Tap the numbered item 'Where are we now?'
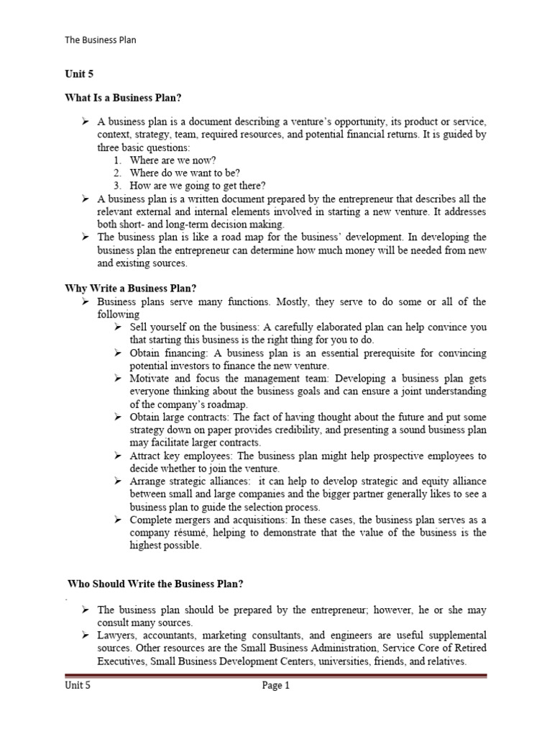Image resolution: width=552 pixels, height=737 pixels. [172, 160]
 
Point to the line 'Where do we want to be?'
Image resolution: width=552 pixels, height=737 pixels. [185, 173]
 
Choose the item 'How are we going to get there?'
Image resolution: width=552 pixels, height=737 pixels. [197, 186]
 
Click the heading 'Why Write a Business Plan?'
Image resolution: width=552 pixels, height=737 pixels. [131, 288]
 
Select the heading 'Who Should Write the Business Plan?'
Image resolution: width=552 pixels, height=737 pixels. [160, 584]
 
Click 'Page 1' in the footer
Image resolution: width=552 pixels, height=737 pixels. [275, 686]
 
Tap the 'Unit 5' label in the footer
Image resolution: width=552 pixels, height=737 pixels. [78, 686]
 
